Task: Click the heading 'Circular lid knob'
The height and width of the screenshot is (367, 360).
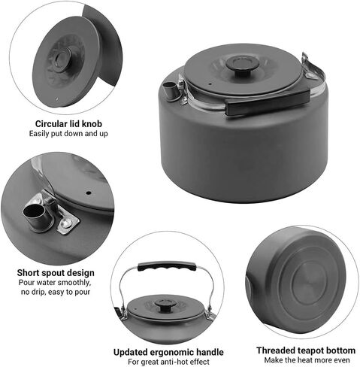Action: coord(68,124)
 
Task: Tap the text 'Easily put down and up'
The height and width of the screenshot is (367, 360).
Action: coord(68,134)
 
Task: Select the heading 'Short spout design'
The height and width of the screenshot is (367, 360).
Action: coord(56,273)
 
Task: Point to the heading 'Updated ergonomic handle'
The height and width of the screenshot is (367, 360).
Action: coord(168,352)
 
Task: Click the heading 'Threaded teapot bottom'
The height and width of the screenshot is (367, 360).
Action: coord(306,350)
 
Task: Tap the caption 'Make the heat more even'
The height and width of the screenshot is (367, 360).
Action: coord(307,360)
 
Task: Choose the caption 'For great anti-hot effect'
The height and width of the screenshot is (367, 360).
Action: coord(168,362)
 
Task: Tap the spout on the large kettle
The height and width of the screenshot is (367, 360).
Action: coord(171,91)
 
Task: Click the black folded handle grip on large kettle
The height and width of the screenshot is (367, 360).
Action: coord(268,103)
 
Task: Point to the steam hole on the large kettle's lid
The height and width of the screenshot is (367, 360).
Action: coord(210,84)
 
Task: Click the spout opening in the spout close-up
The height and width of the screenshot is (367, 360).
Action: coord(33,211)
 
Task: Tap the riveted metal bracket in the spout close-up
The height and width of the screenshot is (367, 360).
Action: coord(65,220)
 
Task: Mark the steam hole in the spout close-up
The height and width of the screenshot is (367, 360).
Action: coord(89,193)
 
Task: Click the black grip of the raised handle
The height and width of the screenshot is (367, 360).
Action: coord(167,266)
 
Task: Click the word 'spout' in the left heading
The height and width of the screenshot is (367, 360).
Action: coord(51,273)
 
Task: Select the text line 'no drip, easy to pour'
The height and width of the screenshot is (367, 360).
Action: coord(56,292)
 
